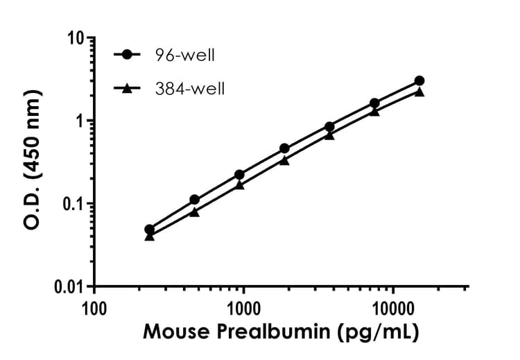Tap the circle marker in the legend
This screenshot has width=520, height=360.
(x=127, y=54)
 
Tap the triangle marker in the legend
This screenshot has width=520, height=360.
(x=127, y=88)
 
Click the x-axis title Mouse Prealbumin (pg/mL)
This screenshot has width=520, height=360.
(x=281, y=334)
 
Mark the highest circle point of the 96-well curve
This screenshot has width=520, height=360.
(x=419, y=80)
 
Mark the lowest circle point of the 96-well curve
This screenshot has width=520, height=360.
(x=149, y=230)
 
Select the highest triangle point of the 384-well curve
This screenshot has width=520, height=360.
(x=419, y=92)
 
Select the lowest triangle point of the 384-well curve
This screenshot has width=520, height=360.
(x=149, y=237)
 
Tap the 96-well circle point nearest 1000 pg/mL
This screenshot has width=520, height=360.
(x=239, y=175)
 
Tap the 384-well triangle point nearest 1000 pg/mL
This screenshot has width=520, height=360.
(x=239, y=185)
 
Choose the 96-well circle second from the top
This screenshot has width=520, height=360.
(x=374, y=103)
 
